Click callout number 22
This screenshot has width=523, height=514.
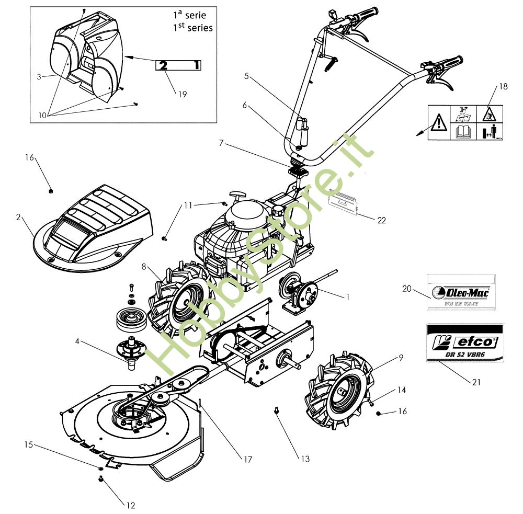pyautogui.click(x=381, y=220)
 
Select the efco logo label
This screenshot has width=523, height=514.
pyautogui.click(x=464, y=342)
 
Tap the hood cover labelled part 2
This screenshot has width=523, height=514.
pyautogui.click(x=94, y=230)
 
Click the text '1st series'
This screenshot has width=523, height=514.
pyautogui.click(x=193, y=27)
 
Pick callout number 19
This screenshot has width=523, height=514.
pyautogui.click(x=182, y=95)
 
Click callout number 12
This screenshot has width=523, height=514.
pyautogui.click(x=131, y=505)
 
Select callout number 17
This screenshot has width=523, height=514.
pyautogui.click(x=247, y=460)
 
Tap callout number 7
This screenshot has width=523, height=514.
pyautogui.click(x=221, y=143)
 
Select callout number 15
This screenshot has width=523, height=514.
pyautogui.click(x=29, y=445)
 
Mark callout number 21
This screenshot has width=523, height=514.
pyautogui.click(x=476, y=382)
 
